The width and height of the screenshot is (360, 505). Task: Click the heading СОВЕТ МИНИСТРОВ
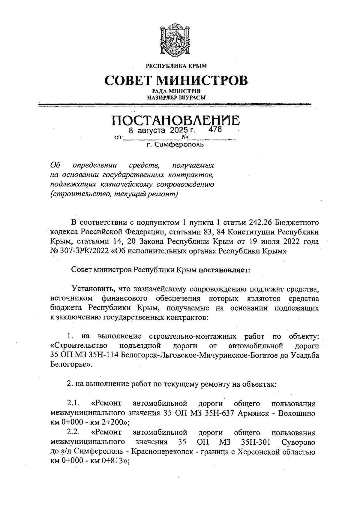[x=176, y=80]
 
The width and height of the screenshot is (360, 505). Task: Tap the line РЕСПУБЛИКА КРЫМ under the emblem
[x=176, y=65]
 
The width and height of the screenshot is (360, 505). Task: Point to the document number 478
[x=215, y=130]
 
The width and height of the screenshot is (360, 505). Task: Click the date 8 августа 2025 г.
[x=162, y=131]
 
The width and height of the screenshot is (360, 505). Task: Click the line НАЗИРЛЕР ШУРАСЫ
[x=176, y=97]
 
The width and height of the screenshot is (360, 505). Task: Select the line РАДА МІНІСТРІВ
[x=176, y=91]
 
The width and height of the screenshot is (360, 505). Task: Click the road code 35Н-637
[x=220, y=413]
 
